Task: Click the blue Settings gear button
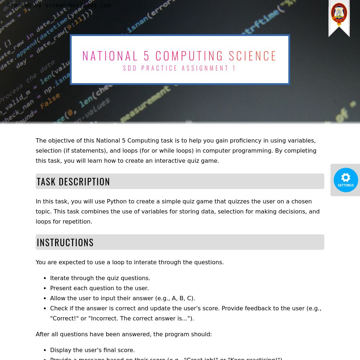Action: (346, 180)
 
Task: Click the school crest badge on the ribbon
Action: (339, 14)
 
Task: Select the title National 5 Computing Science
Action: (180, 56)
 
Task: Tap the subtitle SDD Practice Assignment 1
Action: (180, 68)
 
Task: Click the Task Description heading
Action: (73, 181)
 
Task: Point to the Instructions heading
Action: (65, 242)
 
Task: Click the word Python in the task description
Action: (117, 201)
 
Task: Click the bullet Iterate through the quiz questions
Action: (100, 278)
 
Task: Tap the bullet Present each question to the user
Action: (99, 288)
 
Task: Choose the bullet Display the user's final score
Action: (93, 350)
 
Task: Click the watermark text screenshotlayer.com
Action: (78, 5)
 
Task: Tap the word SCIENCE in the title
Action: (253, 56)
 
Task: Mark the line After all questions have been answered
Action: (124, 334)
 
